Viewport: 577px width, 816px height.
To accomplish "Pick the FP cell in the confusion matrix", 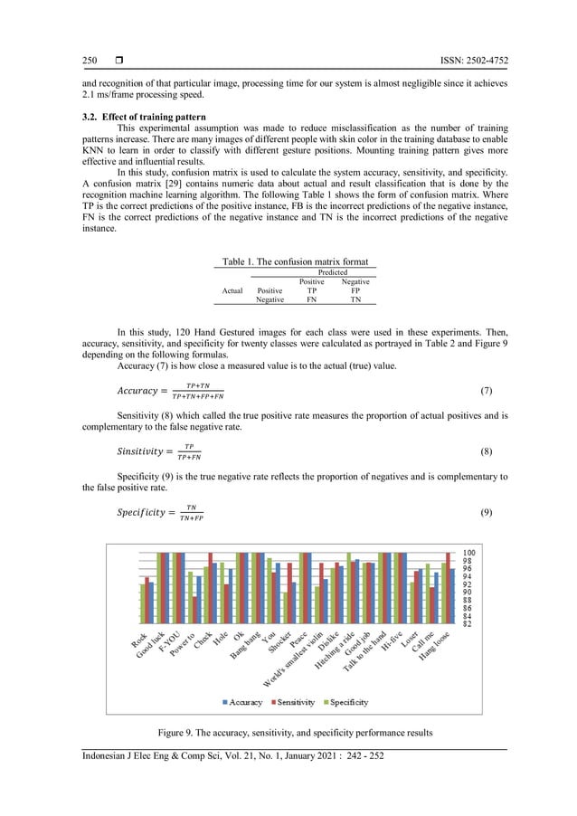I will [x=355, y=291].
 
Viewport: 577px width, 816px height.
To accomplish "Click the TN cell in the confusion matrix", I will [x=355, y=300].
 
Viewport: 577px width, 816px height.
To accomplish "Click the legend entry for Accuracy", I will [x=242, y=701].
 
